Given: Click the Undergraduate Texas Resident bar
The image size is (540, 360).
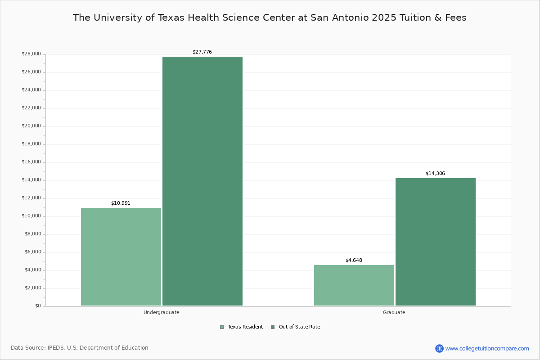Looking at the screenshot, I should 121,256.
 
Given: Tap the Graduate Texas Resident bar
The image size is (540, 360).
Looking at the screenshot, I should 354,285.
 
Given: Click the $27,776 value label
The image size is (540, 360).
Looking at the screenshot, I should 202,52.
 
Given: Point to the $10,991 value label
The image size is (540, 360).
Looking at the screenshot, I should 121,203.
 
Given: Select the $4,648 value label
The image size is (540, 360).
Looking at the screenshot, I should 354,261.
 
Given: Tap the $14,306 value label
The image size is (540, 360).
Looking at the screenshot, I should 435,174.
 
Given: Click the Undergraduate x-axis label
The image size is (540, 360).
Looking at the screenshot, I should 162,312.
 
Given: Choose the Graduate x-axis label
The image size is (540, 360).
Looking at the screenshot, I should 394,312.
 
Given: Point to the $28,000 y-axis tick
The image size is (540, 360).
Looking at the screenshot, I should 31,54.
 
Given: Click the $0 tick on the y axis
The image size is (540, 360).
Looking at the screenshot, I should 37,306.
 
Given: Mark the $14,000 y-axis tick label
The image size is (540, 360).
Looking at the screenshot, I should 31,180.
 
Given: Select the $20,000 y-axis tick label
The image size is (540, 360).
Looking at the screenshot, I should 31,126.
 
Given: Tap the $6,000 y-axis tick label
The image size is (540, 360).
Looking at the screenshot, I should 32,252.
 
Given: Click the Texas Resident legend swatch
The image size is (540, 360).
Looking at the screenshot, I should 222,327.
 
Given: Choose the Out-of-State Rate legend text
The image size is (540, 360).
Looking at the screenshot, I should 299,327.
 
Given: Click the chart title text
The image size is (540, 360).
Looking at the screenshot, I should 270,18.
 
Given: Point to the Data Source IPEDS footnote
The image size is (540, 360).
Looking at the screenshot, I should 80,348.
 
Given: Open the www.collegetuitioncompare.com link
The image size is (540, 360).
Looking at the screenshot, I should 487,348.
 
